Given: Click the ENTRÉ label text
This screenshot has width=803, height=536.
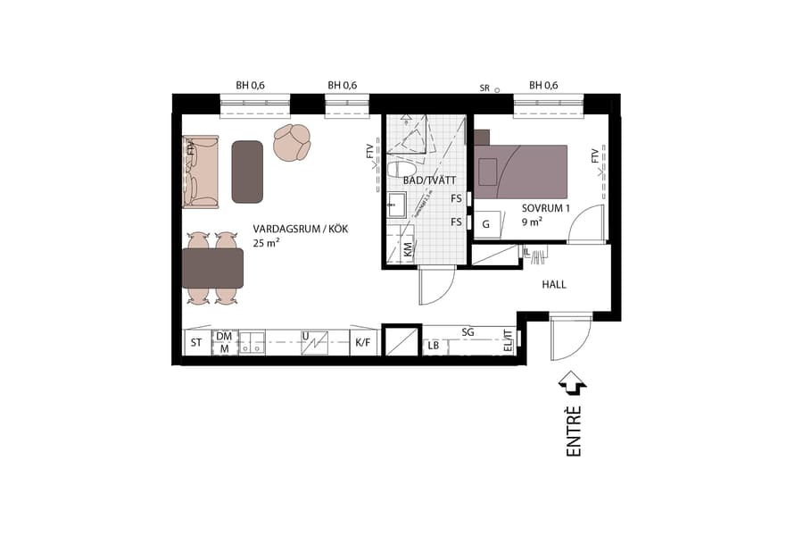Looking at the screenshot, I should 574,431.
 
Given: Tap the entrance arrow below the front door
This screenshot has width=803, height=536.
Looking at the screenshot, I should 572,383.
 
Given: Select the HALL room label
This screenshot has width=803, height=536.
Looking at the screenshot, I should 554,285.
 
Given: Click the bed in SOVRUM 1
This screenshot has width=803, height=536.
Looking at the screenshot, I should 521,172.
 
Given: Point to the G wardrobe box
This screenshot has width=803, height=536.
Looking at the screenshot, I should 486,224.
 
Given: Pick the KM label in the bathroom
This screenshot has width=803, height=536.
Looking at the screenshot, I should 408,250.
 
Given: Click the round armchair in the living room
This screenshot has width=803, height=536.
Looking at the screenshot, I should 291,142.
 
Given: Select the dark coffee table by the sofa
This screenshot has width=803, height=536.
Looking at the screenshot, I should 247,172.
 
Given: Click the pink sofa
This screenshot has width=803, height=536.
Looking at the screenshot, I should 200,172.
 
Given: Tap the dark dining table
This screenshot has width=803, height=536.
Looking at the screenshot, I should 212,268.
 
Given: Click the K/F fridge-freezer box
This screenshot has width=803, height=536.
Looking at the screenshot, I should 363,342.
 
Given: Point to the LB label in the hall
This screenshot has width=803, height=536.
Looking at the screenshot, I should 434,346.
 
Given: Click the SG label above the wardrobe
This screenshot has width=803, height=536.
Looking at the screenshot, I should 468,332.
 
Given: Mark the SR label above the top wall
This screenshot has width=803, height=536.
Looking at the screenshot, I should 484,88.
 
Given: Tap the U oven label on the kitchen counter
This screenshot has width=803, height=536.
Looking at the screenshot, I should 305,337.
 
